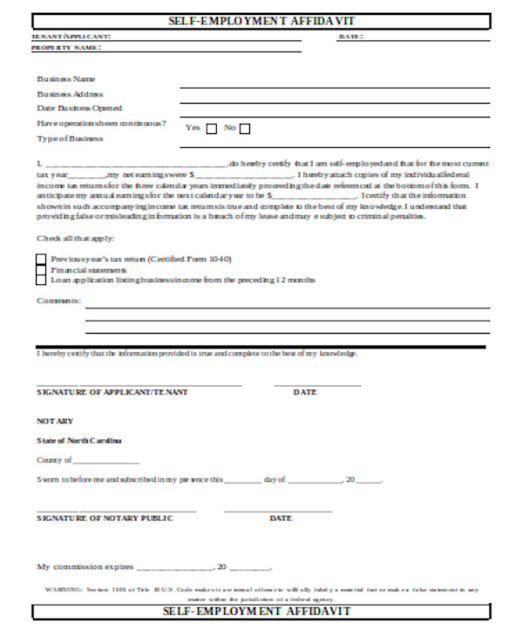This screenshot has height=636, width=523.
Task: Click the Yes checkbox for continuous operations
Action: [212, 129]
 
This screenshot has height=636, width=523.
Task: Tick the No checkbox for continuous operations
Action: [245, 129]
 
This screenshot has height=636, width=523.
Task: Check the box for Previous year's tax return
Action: [41, 259]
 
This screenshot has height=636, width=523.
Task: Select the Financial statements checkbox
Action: [41, 269]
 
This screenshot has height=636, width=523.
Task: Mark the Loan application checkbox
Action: [41, 280]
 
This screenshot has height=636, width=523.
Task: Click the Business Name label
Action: [66, 78]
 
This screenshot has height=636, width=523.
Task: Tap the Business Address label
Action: [70, 93]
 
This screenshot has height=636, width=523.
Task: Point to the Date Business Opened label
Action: [78, 108]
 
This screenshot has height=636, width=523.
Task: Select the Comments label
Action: [58, 300]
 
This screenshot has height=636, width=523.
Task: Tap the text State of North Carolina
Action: [78, 440]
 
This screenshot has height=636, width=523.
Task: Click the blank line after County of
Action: [105, 460]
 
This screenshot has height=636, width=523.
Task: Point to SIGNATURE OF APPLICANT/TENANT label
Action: [112, 392]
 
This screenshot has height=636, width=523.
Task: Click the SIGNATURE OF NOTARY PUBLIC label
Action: [105, 518]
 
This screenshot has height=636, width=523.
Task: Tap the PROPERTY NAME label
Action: [66, 49]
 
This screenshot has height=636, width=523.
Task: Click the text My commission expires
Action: [85, 566]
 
